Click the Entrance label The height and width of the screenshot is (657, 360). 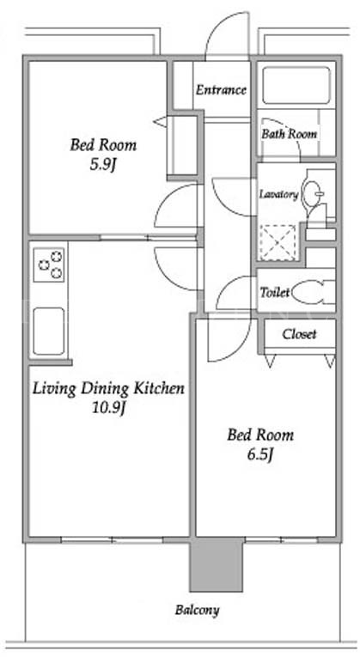coord(221,90)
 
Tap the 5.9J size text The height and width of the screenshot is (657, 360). coord(103,165)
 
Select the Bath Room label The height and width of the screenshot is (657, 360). coord(290,134)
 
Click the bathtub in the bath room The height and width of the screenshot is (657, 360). coord(296,85)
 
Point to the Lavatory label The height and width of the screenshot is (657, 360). coord(278,195)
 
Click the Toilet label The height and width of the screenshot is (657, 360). coord(275,292)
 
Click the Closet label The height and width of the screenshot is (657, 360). coord(299,334)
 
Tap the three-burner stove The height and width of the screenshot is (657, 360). coord(49,265)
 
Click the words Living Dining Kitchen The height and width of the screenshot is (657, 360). coord(108,388)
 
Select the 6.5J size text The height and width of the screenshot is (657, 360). coord(259,454)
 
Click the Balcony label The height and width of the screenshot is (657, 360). coord(197,610)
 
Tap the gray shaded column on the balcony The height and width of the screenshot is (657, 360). coord(216,564)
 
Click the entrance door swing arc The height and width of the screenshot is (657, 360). coord(224,23)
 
